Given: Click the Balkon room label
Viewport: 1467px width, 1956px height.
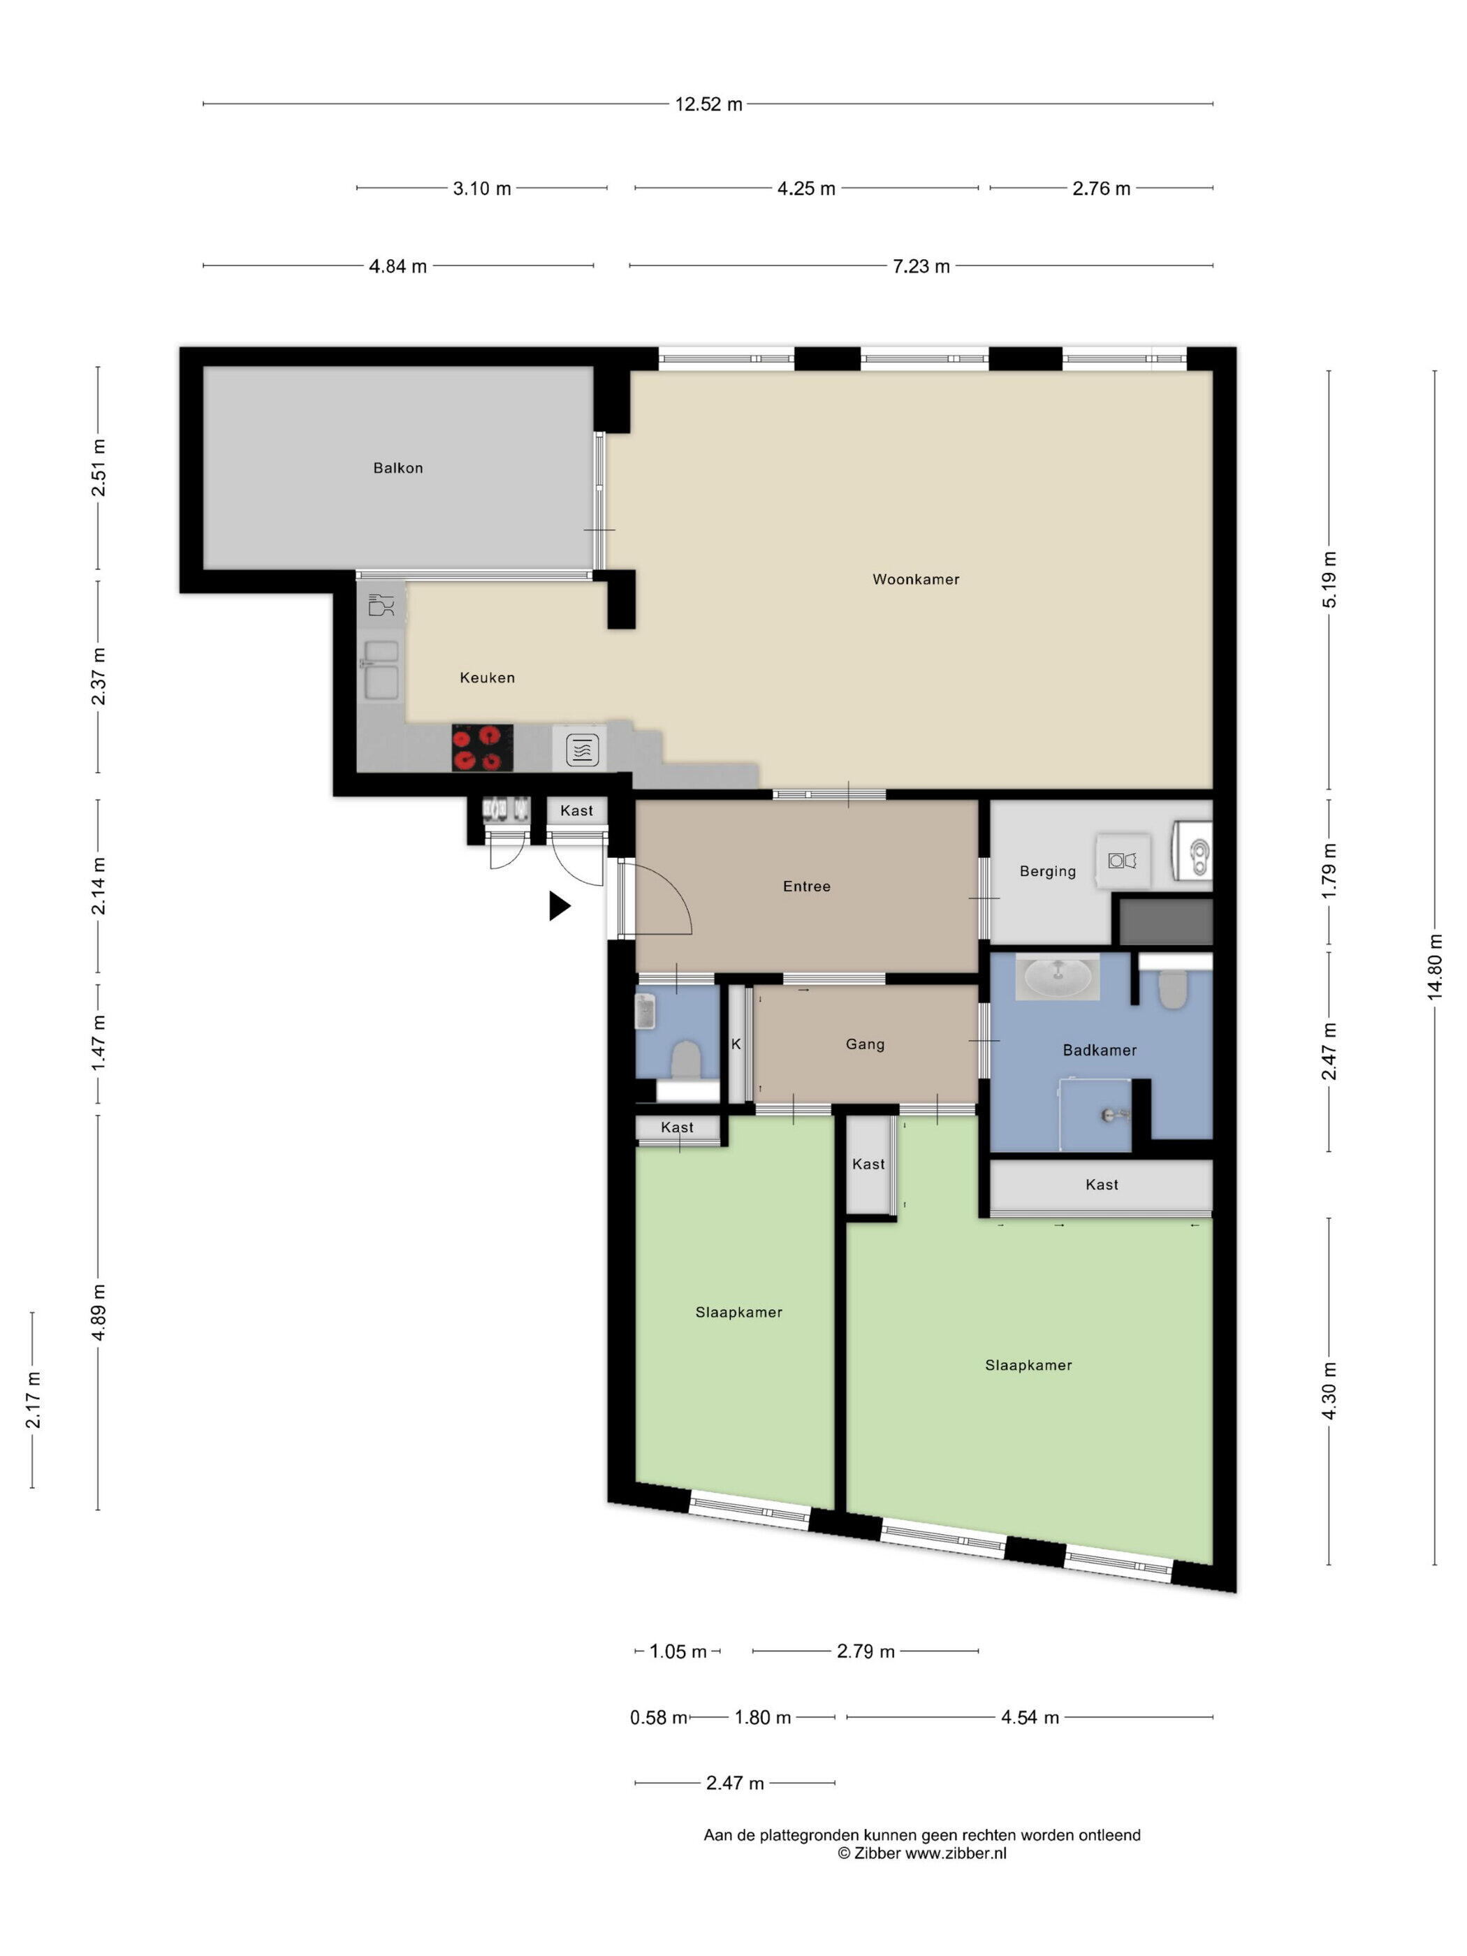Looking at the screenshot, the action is click(x=398, y=468).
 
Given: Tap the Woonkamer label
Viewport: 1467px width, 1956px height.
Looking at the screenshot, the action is click(x=915, y=579).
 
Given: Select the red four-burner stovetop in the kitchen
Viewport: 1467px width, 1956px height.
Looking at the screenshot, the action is click(x=482, y=748).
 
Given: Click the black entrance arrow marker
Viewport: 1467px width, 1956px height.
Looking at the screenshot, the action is click(x=560, y=905).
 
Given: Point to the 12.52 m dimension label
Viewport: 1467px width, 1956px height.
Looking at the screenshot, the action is click(x=708, y=104).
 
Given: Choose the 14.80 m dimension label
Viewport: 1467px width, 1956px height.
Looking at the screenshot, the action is click(x=1434, y=967).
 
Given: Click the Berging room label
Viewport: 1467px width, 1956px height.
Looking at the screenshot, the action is click(x=1047, y=871).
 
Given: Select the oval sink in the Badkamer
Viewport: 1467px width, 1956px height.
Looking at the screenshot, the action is click(x=1058, y=976).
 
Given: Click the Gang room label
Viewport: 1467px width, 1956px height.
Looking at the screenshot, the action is click(x=865, y=1044).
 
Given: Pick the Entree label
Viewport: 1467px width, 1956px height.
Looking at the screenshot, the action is click(x=806, y=886).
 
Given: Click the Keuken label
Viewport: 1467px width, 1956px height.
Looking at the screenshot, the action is click(x=487, y=678).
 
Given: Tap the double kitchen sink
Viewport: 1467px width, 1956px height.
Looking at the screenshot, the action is click(x=382, y=670).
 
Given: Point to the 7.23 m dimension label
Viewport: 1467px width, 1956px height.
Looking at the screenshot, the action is click(x=921, y=266).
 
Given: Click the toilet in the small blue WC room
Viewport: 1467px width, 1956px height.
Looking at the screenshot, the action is click(x=685, y=1058).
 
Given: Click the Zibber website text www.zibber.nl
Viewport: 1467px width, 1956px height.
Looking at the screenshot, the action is click(x=956, y=1853).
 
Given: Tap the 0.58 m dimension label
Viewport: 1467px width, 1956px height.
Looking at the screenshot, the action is click(x=659, y=1717).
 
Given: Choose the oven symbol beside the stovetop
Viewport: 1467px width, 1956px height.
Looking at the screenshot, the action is click(x=581, y=750).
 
